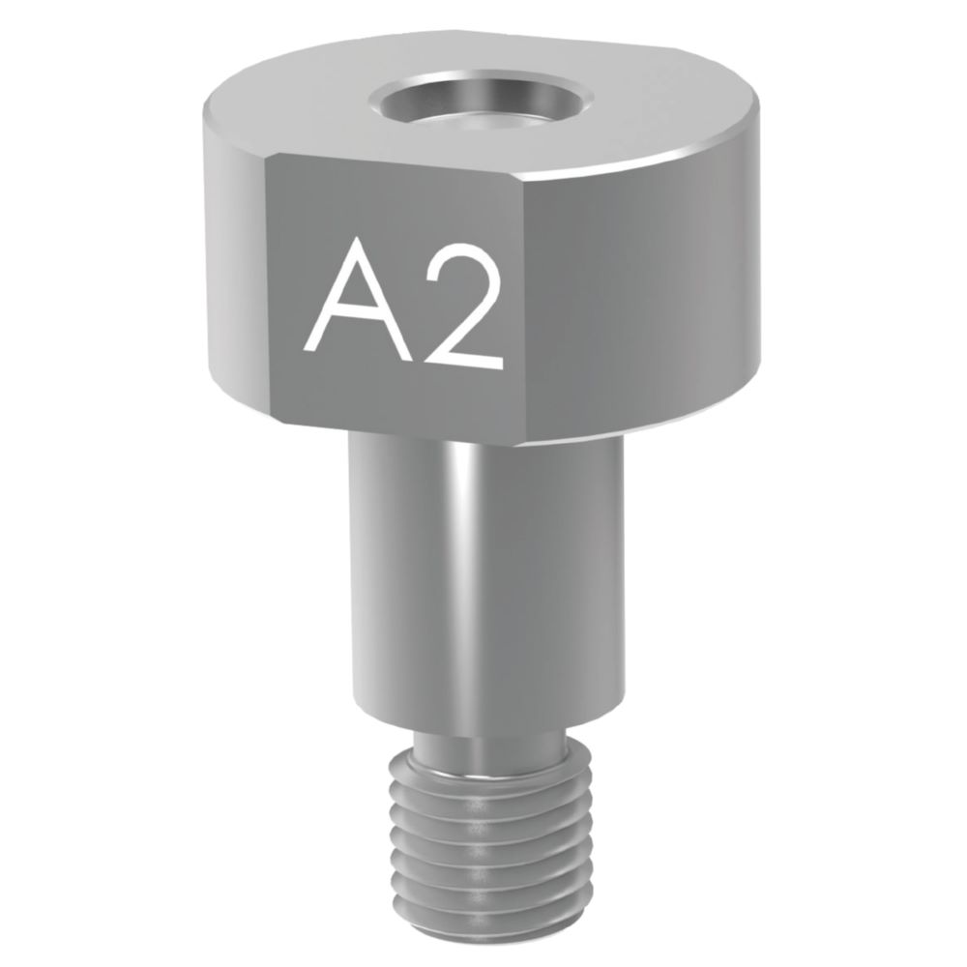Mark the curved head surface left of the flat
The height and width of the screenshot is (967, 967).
pos(232,271)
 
